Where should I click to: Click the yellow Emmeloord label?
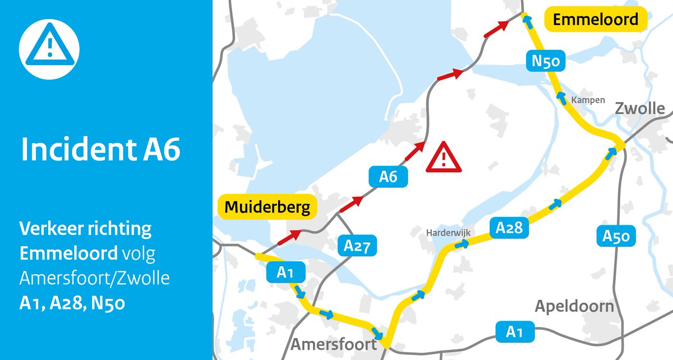coord(596,20)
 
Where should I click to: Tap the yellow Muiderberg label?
coord(267,207)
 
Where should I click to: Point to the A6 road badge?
coord(388,177)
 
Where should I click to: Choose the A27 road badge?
coord(357,246)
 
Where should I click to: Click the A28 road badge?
coord(509,227)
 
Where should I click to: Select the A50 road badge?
coord(616,237)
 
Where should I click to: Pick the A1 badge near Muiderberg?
coord(285,273)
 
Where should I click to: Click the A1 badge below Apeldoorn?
coord(514,332)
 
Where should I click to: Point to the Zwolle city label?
coord(639,109)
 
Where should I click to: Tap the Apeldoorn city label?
coord(574,307)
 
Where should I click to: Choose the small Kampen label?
coord(588,100)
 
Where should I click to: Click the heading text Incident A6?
coord(100,150)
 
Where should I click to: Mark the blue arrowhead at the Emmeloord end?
coord(526,19)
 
